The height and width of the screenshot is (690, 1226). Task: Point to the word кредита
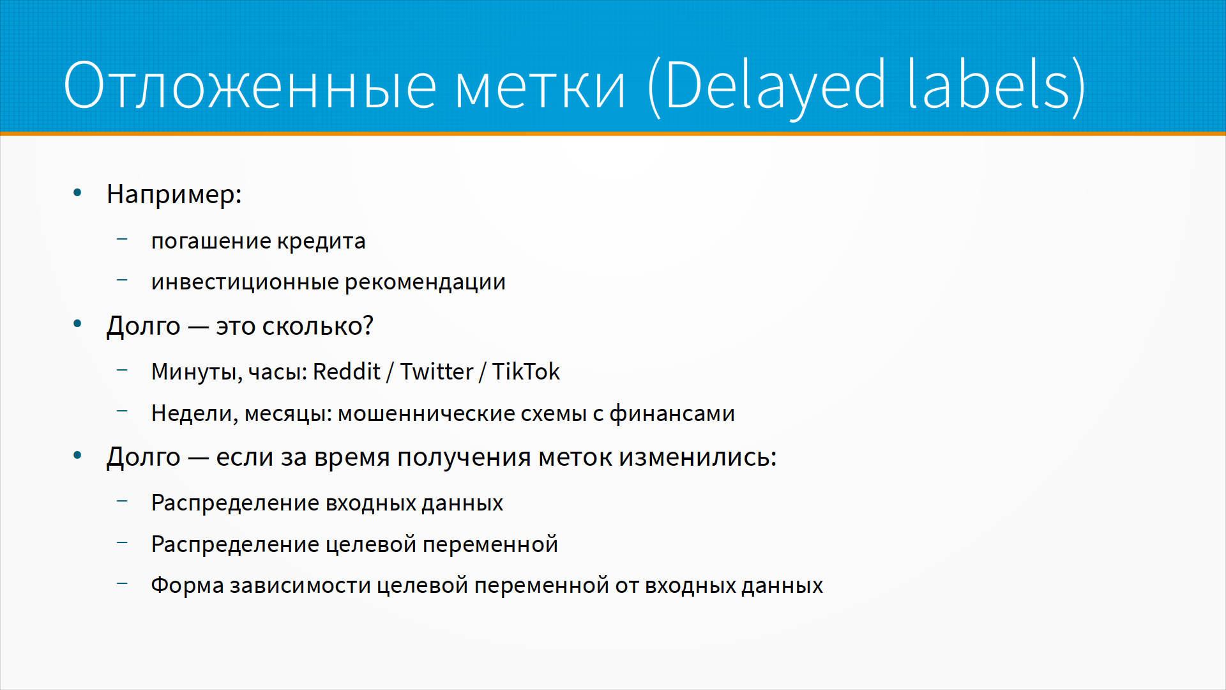tap(321, 241)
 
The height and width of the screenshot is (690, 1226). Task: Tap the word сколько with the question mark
tap(318, 326)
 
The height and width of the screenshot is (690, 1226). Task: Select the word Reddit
tap(347, 371)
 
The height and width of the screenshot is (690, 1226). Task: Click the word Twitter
tap(437, 371)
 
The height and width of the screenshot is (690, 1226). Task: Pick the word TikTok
tap(526, 371)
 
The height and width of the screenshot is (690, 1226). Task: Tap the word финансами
tap(672, 414)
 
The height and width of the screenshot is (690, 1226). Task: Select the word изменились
tap(698, 457)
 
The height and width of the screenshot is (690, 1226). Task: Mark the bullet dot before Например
tap(77, 192)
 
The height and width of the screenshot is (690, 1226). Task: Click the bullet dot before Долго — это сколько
tap(77, 324)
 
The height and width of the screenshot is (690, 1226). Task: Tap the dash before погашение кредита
tap(123, 240)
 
